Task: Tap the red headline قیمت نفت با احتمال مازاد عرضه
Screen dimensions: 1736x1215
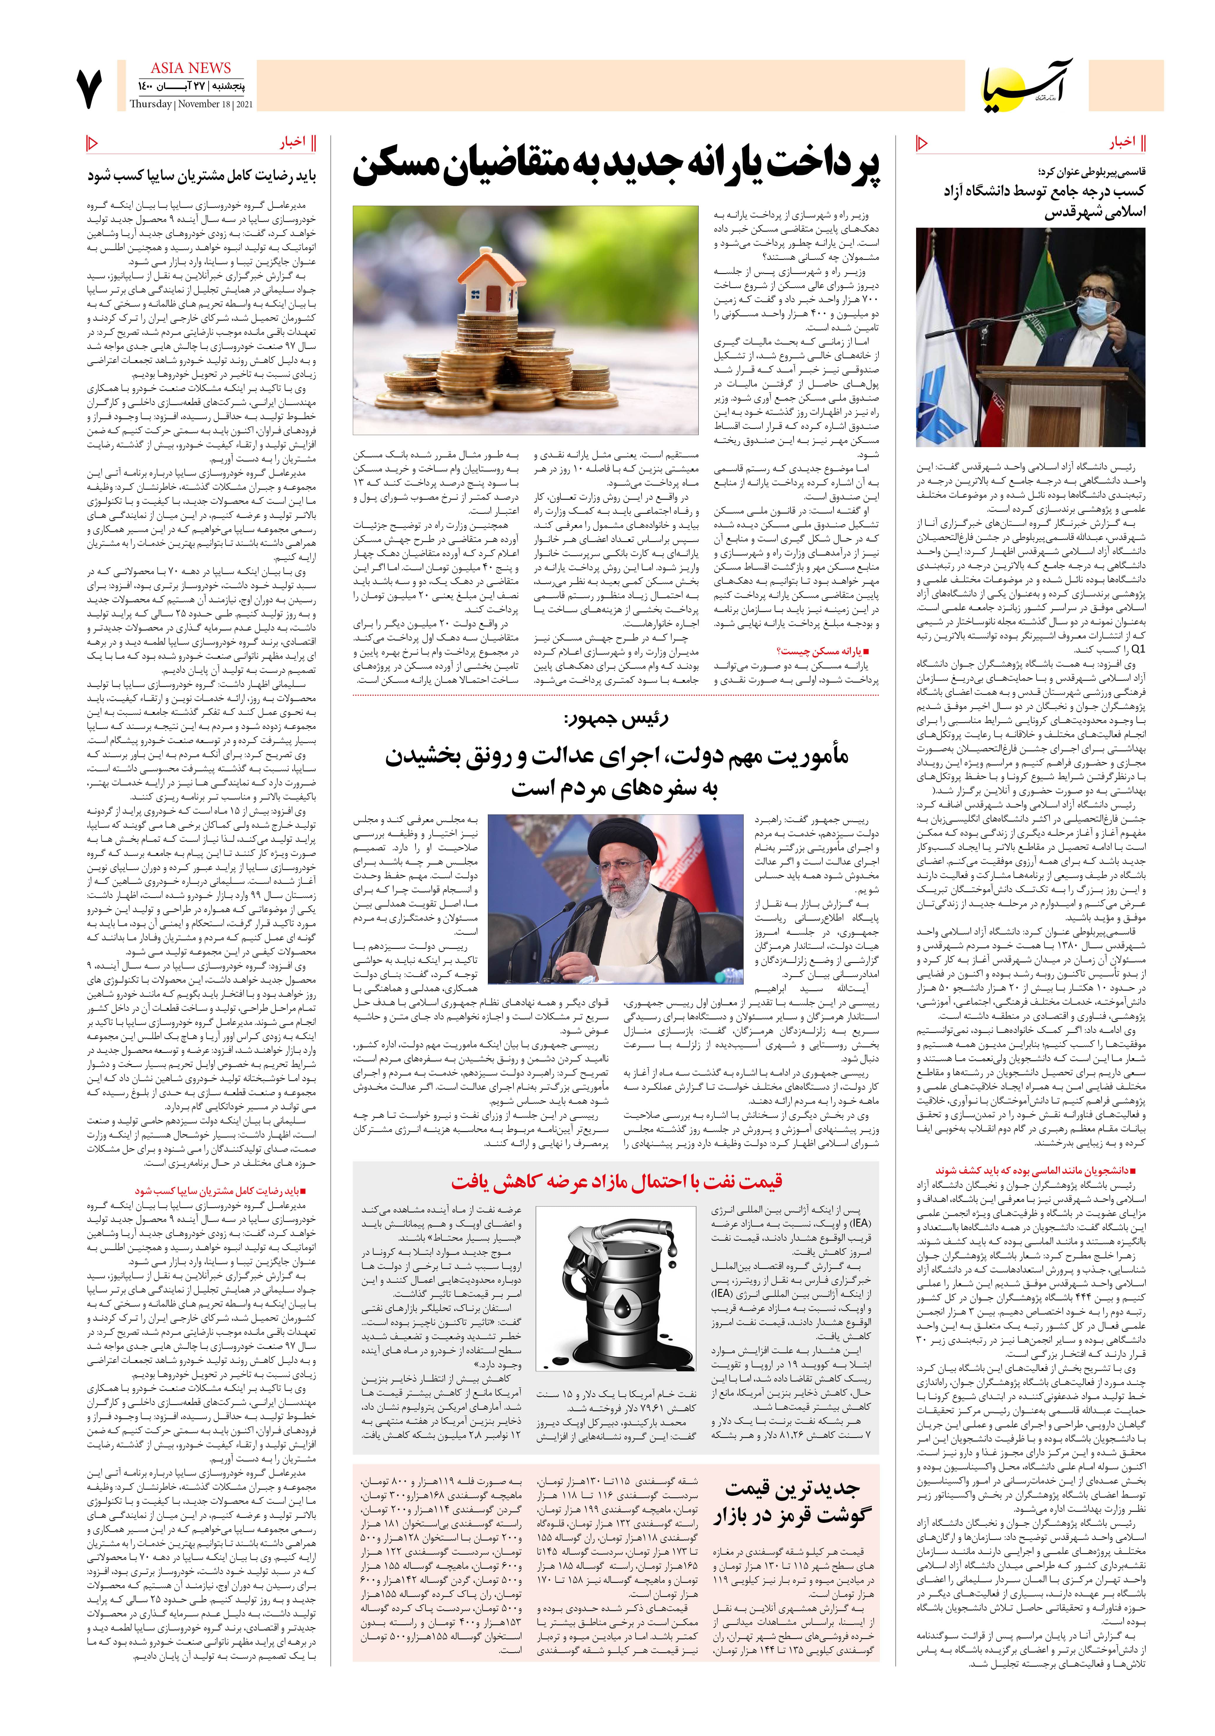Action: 616,1181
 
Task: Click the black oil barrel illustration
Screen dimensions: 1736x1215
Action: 618,1308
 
